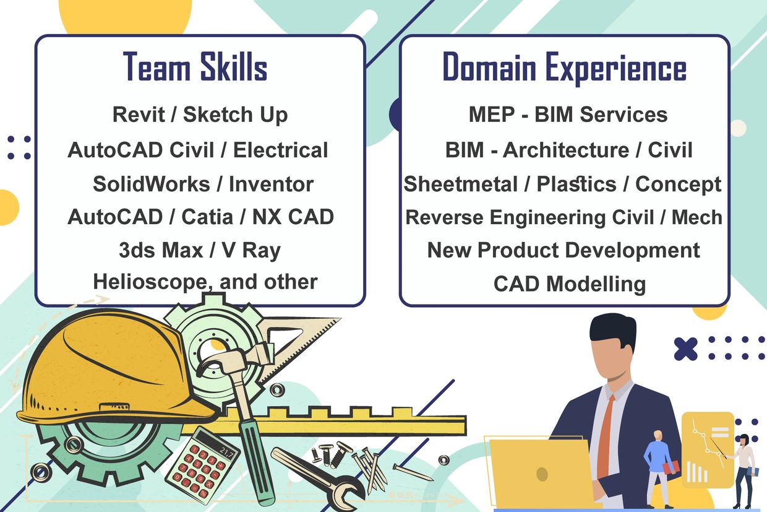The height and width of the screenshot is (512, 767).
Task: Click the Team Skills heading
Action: [195, 66]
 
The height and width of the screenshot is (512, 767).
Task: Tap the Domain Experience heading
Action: [564, 67]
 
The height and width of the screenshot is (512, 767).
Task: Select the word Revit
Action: [139, 114]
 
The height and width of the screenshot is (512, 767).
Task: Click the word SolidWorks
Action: [152, 184]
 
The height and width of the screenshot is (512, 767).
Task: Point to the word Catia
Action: [207, 217]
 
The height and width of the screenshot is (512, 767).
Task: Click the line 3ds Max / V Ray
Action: [200, 250]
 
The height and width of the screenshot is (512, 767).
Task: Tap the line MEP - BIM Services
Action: [568, 114]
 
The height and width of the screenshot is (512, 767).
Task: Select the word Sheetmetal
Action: [461, 184]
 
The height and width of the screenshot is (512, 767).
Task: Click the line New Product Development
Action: [563, 250]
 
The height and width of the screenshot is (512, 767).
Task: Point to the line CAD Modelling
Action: [570, 284]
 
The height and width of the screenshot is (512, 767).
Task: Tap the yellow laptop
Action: [541, 473]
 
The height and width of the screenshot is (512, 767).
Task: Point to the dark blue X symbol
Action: [685, 349]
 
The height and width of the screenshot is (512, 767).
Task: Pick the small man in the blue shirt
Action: [658, 469]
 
